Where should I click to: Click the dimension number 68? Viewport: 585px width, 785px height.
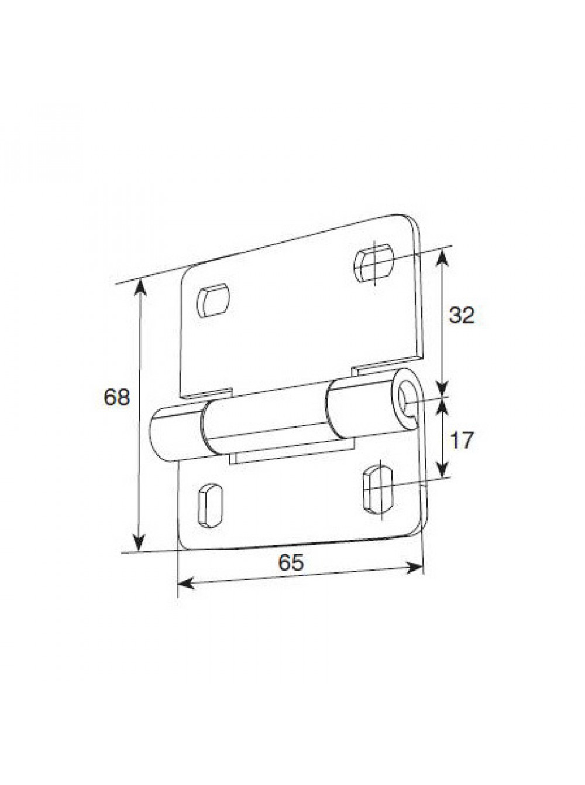click(x=117, y=397)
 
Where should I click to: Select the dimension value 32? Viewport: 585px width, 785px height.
click(x=462, y=315)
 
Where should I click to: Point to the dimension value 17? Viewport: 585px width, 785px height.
click(x=462, y=440)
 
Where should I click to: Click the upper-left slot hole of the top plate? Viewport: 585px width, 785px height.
click(x=213, y=300)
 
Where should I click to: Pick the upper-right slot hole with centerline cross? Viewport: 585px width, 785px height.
click(x=374, y=262)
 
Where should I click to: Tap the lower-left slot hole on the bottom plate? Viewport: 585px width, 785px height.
click(x=210, y=505)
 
